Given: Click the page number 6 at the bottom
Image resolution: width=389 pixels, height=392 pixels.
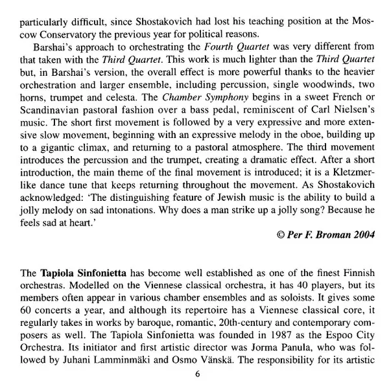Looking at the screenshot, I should pos(198,374).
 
